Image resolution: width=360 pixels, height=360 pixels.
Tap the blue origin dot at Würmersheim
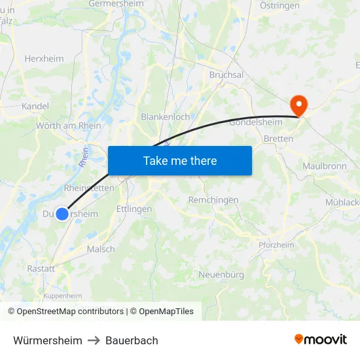coord(62,214)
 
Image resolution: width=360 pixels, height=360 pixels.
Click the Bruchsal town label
coord(226,75)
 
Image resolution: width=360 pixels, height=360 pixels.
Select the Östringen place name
coord(279,5)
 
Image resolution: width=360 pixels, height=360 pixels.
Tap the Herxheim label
coord(44,58)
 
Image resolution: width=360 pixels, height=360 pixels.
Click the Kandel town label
coord(35,105)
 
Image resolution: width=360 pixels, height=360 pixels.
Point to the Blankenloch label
coord(166,117)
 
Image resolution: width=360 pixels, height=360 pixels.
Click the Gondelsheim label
coord(256,122)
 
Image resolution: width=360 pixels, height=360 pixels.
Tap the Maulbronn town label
coord(324,166)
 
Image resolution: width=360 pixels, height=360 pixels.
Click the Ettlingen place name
coord(134,209)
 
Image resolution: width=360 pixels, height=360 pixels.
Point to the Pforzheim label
coord(276,245)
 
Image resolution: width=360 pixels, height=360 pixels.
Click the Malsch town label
coord(100,249)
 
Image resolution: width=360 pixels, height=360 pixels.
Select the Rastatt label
coord(41,268)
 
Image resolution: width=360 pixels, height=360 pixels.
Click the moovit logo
coord(320,339)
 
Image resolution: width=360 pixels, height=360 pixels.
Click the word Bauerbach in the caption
coord(132,340)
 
